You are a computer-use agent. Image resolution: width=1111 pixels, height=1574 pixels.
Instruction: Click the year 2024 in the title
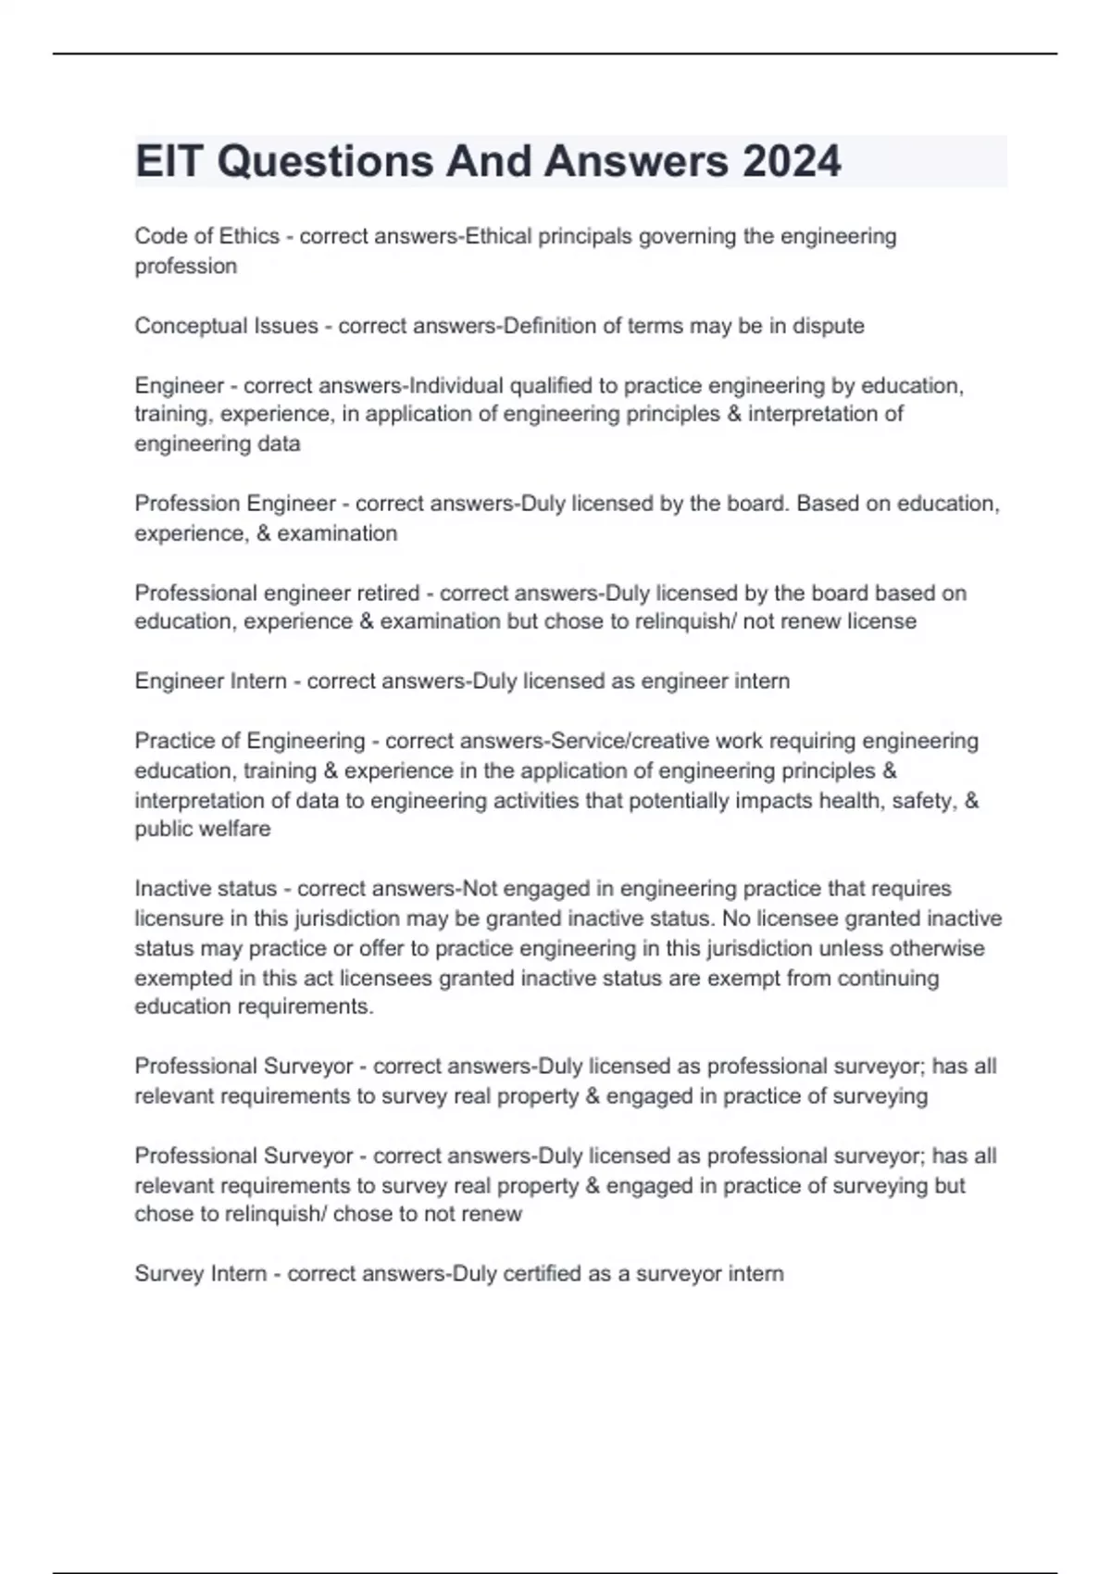(792, 161)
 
